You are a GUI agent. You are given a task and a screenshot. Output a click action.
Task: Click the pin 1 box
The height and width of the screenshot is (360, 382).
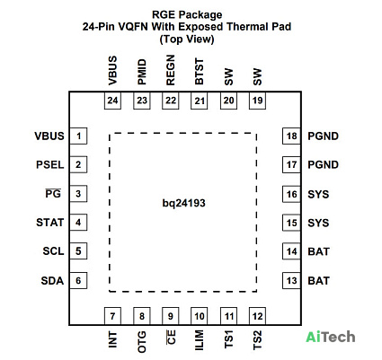(78, 136)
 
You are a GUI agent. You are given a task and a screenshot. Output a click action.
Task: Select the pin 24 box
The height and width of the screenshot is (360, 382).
(112, 101)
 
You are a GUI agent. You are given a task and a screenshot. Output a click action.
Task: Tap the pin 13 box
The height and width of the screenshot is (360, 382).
(291, 281)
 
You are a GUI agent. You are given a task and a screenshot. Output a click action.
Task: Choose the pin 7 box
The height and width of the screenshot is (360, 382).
(112, 316)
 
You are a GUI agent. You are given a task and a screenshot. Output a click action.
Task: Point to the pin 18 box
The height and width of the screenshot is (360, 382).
(291, 136)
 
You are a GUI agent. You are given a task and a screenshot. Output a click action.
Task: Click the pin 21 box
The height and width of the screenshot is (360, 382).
(200, 101)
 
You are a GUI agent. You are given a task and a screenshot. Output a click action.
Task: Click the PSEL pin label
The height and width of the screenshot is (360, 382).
(50, 165)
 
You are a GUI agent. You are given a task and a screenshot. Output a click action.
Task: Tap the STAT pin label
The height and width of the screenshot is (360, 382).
(50, 223)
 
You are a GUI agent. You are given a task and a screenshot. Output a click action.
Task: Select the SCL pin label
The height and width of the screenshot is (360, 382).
(53, 251)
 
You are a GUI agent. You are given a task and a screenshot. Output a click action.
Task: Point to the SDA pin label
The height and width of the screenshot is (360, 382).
(52, 281)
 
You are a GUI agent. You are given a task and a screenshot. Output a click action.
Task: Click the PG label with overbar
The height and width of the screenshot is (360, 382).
(53, 194)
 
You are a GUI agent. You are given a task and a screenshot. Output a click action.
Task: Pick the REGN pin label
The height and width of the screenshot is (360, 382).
(170, 70)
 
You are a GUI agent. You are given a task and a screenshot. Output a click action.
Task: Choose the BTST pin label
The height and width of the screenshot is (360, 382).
(199, 72)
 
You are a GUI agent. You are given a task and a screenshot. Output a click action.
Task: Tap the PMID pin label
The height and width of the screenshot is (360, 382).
(142, 72)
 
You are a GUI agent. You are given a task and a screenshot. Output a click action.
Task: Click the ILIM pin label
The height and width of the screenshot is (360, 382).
(199, 340)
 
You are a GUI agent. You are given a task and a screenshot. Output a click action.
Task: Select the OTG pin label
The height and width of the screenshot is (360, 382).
(142, 342)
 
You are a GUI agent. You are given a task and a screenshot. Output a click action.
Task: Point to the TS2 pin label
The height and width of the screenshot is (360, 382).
(257, 340)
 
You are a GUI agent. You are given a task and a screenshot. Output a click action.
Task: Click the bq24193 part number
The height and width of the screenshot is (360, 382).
(183, 204)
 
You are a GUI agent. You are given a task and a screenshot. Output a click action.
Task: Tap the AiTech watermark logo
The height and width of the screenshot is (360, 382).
(331, 338)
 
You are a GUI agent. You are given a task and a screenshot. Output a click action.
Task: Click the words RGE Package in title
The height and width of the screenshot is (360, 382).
(187, 15)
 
